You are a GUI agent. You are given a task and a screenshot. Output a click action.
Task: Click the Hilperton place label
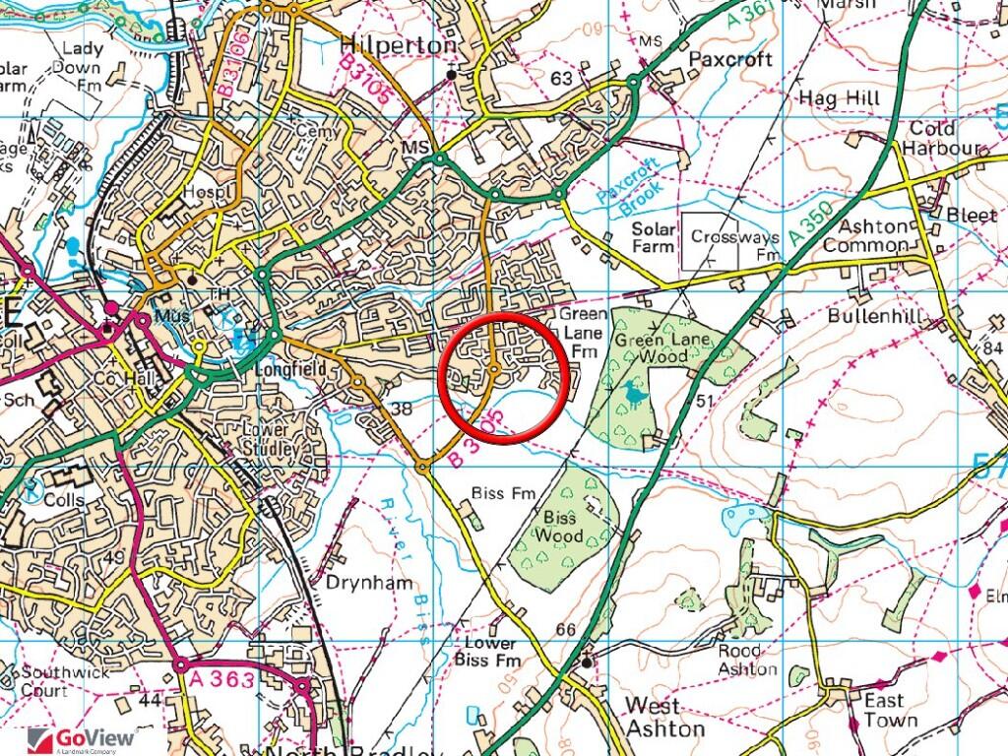click(x=398, y=45)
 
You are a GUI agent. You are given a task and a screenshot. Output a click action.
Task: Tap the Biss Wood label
click(x=559, y=527)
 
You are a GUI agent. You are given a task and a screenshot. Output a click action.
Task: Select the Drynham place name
click(x=369, y=582)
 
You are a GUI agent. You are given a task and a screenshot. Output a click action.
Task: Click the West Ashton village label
click(x=666, y=716)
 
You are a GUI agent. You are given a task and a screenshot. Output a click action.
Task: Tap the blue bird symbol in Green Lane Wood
click(x=634, y=395)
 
